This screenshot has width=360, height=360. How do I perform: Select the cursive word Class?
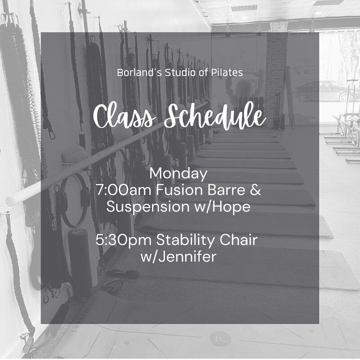click(x=124, y=117)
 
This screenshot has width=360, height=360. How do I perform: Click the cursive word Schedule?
click(x=215, y=116)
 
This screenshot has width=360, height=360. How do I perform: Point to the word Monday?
click(x=178, y=174)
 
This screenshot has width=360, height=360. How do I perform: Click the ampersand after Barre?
click(x=255, y=190)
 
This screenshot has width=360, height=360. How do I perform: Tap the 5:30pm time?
click(x=123, y=240)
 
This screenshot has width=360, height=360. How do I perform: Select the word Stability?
click(x=185, y=240)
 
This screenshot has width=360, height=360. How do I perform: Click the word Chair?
click(x=238, y=240)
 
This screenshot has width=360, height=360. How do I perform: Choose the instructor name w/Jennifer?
click(x=178, y=256)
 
